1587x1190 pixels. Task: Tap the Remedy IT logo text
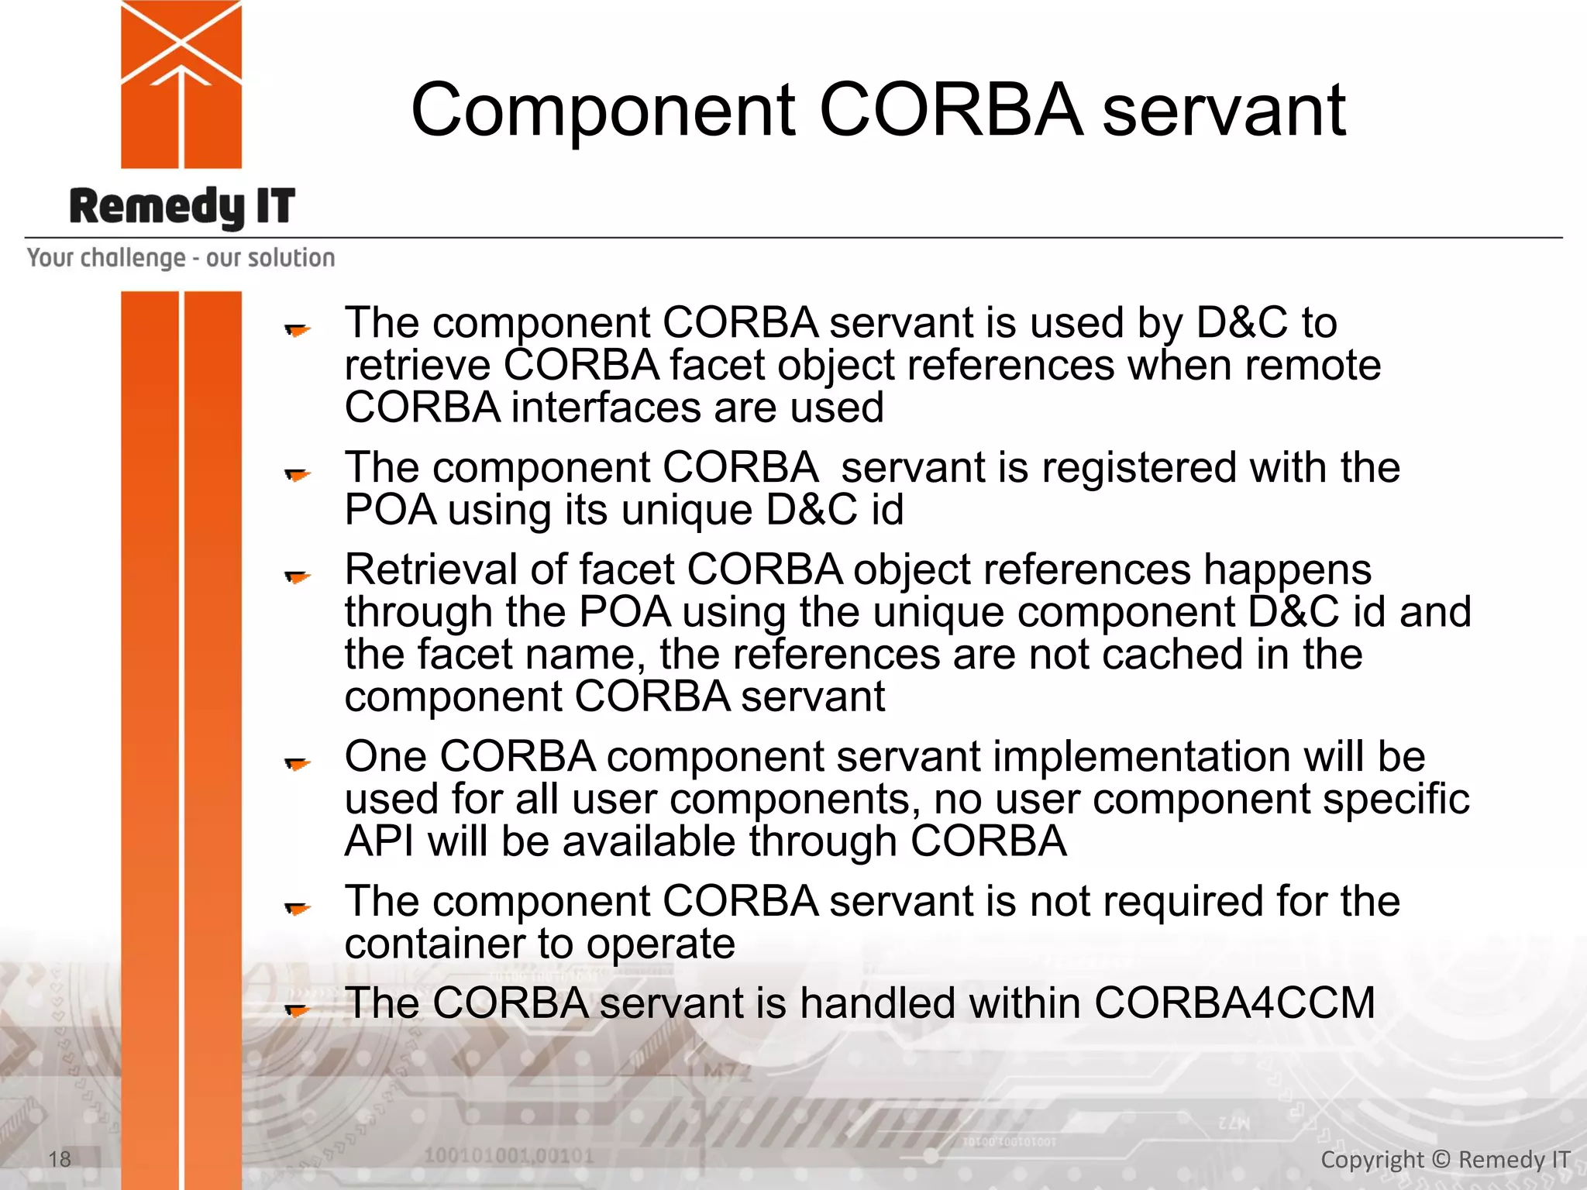pos(182,207)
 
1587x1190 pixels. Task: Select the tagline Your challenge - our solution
pos(181,257)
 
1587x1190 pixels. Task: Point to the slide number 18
pos(60,1159)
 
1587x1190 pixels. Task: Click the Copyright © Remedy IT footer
pos(1444,1159)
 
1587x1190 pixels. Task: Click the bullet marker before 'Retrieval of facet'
pos(297,576)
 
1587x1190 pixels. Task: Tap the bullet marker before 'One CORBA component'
pos(297,763)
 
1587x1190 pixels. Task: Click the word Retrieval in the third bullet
pos(431,569)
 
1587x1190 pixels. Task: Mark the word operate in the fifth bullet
pos(660,944)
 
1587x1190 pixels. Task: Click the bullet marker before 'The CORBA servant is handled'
pos(297,1009)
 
